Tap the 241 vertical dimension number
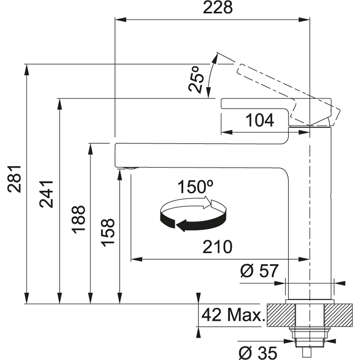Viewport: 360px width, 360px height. (46, 194)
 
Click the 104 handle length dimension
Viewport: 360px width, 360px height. (260, 120)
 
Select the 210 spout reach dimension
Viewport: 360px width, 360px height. (217, 247)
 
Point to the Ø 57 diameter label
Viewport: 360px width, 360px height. (259, 271)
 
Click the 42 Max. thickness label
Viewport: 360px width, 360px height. (233, 314)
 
